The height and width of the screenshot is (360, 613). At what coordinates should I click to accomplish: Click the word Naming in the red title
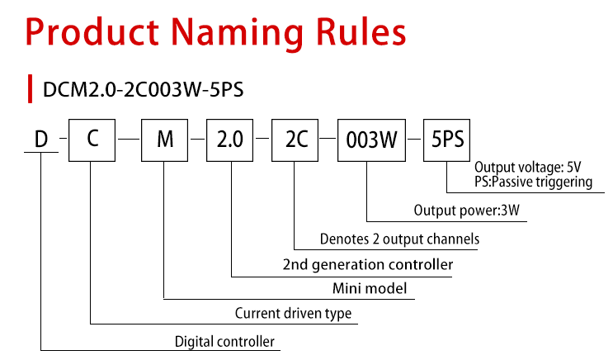click(x=237, y=34)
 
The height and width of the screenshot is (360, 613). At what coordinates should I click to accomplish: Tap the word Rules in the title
click(x=361, y=31)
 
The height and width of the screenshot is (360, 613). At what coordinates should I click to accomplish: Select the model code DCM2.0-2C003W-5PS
click(x=143, y=90)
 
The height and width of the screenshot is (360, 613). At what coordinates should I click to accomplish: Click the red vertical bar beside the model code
click(x=30, y=89)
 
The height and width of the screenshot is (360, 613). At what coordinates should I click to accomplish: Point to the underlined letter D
click(x=41, y=139)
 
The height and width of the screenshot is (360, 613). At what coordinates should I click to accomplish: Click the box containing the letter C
click(x=92, y=140)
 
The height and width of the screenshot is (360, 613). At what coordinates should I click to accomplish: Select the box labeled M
click(x=164, y=140)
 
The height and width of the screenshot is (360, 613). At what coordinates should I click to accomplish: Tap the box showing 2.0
click(x=230, y=140)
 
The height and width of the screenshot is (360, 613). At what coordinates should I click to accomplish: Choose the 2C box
click(x=295, y=140)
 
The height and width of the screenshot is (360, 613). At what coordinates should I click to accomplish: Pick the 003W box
click(x=371, y=140)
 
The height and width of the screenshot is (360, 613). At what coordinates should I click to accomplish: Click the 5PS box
click(x=447, y=140)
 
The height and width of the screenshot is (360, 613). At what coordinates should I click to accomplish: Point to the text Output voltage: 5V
click(x=528, y=167)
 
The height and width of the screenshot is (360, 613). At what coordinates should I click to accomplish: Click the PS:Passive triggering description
click(x=533, y=182)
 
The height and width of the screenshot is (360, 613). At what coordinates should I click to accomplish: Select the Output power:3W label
click(x=467, y=210)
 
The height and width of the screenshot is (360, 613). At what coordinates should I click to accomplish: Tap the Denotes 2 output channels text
click(x=399, y=239)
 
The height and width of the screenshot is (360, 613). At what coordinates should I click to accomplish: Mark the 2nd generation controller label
click(x=368, y=264)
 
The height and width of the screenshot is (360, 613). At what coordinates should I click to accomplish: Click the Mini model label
click(x=370, y=288)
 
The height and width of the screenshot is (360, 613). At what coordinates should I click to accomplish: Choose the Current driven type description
click(x=293, y=314)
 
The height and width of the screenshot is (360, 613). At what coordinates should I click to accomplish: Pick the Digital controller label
click(x=224, y=342)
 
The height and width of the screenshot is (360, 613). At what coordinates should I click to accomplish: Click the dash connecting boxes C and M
click(x=129, y=139)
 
